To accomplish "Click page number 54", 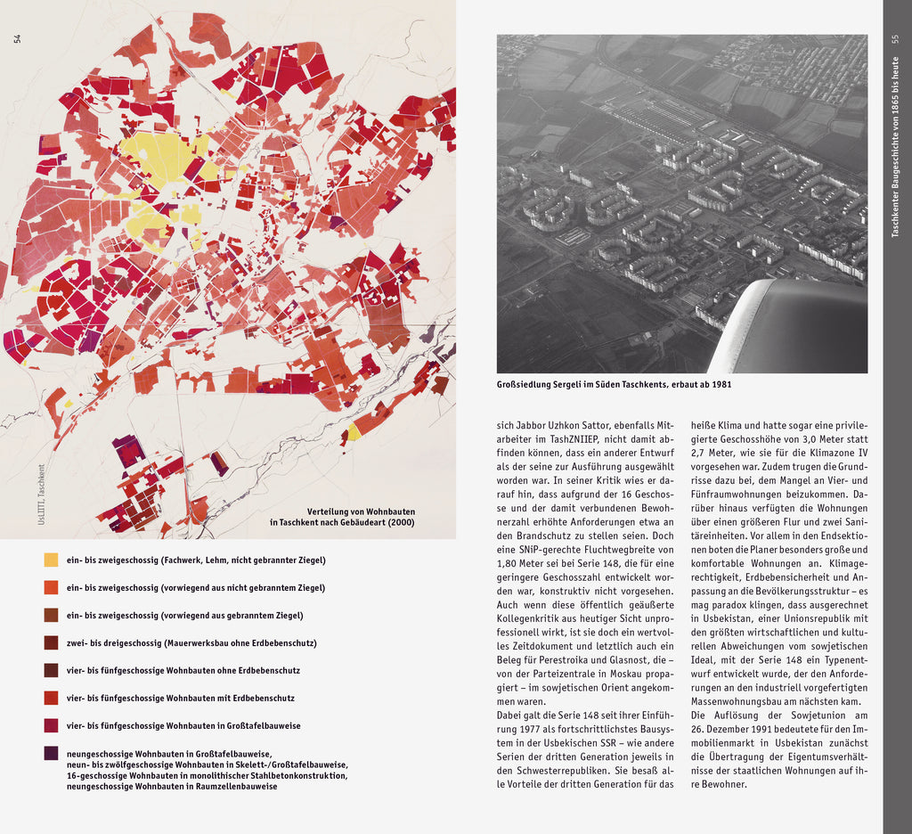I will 16,38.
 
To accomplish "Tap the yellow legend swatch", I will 51,560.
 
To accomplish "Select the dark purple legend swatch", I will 51,753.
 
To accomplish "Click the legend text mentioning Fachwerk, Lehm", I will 196,560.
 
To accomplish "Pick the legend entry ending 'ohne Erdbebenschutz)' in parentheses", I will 191,643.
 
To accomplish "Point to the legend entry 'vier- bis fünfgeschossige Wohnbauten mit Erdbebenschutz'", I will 180,699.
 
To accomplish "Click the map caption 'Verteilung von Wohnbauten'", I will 361,511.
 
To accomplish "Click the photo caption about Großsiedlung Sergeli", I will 615,385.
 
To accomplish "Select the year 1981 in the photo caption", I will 721,385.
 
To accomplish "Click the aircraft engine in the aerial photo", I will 793,328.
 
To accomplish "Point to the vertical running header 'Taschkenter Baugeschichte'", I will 896,147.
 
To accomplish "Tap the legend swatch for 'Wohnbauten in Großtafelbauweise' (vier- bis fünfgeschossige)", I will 51,725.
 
